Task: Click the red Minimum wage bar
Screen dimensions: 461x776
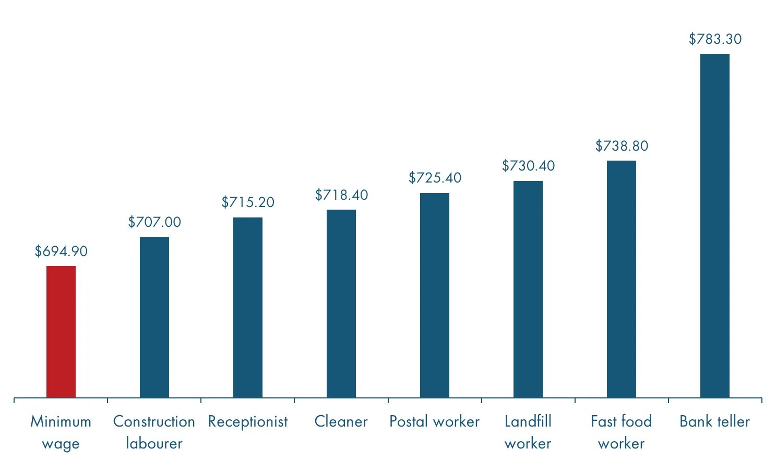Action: pos(61,332)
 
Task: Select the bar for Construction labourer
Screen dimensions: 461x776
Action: pos(154,317)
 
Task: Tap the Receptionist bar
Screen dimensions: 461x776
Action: pos(248,308)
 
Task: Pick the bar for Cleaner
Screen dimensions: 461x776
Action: pos(341,304)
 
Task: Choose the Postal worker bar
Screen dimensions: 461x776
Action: pos(435,295)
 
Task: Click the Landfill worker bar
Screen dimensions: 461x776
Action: pos(528,289)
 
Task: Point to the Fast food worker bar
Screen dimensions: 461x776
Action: pos(622,279)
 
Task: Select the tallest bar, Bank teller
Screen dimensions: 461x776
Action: pos(715,226)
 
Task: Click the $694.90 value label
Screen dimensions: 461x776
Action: pos(61,251)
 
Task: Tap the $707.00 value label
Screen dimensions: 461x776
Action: pos(154,222)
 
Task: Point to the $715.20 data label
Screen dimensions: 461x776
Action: pos(248,202)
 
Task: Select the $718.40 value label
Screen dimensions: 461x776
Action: pos(341,195)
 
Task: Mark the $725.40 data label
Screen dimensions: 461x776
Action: pos(435,178)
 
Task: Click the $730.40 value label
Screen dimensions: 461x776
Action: pos(528,166)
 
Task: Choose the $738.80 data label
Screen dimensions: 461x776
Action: pos(622,146)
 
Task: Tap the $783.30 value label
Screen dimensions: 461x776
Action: pos(715,39)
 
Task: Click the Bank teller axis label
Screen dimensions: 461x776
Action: pos(714,421)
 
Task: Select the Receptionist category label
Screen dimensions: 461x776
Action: pos(248,422)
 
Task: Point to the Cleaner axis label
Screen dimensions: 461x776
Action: pos(341,421)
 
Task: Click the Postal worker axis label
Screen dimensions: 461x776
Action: pos(434,421)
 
